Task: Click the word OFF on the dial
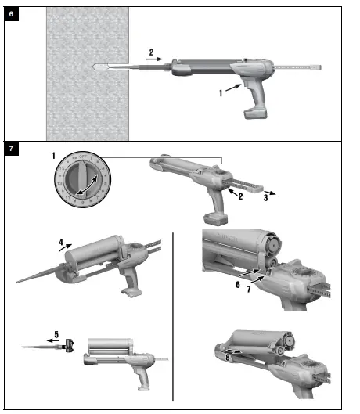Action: (82, 159)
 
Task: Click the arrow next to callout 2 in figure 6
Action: (157, 59)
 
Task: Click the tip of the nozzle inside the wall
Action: (95, 65)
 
